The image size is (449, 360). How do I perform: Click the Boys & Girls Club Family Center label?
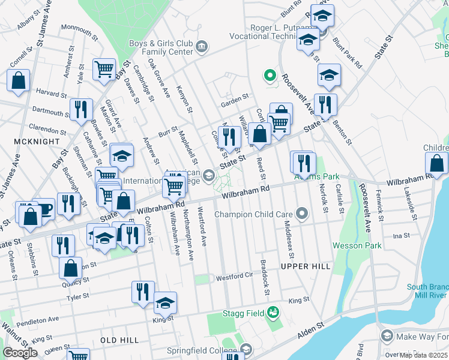click(161, 47)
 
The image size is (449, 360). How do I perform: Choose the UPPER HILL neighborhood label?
click(305, 266)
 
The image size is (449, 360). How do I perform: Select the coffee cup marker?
click(43, 209)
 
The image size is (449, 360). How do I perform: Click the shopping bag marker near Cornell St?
click(19, 81)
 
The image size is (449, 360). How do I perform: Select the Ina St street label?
click(400, 236)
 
